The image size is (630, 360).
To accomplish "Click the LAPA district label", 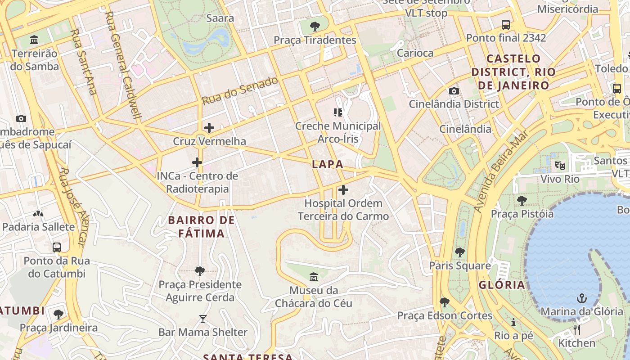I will point(328,165).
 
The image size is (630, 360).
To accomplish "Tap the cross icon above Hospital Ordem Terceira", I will point(343,190).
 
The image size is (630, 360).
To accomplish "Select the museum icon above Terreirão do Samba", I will point(34,40).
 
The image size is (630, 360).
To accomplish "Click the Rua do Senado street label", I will point(240,90).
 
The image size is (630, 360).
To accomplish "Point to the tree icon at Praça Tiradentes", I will point(315,26).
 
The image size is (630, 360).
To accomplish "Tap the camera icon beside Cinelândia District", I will point(454,91).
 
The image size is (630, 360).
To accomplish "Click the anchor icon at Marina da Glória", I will point(582,298).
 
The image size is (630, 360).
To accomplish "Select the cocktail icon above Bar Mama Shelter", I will point(203,319).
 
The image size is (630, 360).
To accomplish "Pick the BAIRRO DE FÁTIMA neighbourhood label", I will point(201,227).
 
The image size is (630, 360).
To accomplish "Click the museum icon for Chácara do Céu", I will point(314,276).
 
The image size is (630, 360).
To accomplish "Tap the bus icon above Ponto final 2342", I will point(506,24).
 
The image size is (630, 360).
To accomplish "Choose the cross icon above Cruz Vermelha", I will point(209,128).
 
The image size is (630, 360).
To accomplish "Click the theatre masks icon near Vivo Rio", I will point(560,165).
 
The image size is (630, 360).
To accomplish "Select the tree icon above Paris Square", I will point(459,252).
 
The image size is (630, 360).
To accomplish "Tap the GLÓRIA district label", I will point(502,285).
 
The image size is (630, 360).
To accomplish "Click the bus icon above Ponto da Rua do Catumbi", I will point(57,247).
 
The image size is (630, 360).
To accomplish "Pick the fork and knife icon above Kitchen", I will point(577,330).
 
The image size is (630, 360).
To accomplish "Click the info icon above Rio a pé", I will point(513,322).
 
